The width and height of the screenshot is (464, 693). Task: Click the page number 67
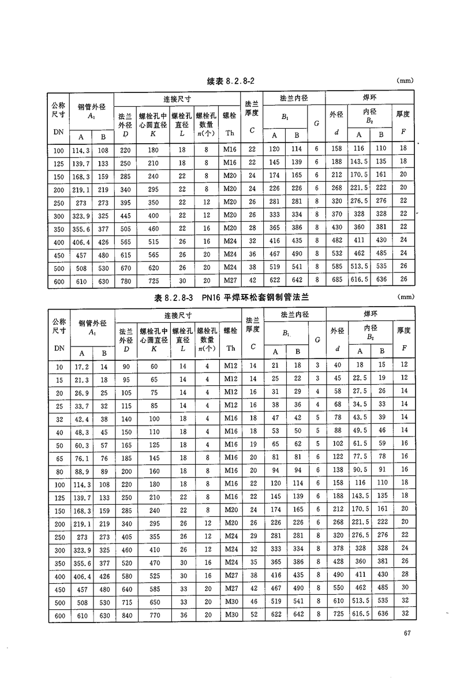coord(407,634)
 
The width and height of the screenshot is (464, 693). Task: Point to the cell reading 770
coord(154,616)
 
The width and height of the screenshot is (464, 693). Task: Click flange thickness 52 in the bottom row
coord(252,616)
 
